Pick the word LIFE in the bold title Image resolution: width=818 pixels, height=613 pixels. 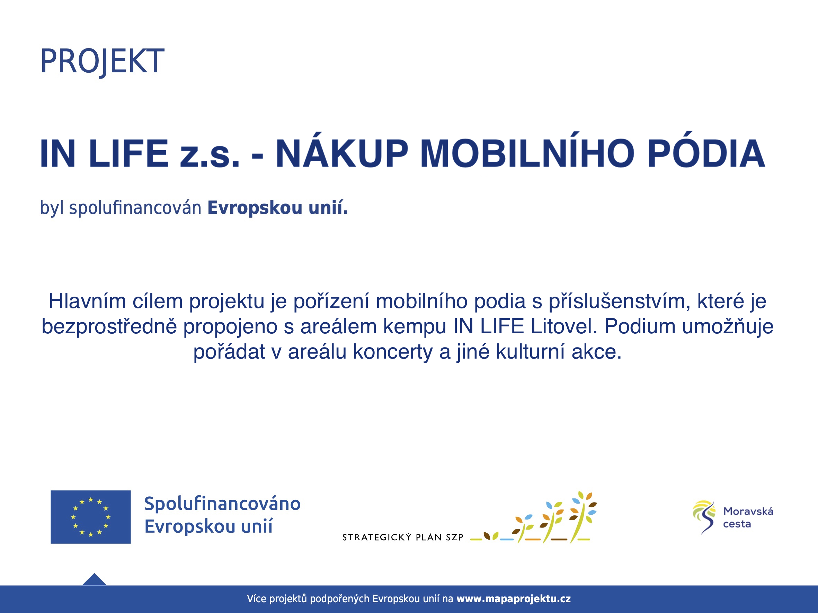pos(129,153)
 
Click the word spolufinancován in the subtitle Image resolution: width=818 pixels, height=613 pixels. pos(135,208)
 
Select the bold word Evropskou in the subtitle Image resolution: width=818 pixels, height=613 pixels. pos(255,208)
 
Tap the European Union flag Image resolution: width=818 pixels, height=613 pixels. pos(91,517)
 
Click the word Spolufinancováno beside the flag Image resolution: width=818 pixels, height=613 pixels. pos(222,504)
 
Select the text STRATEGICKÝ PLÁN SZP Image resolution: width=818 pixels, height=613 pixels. pos(403,537)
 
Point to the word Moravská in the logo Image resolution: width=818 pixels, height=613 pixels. pos(748,511)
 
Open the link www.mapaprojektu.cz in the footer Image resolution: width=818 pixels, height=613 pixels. pos(514,599)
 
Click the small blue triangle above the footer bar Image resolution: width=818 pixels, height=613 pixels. pos(94,580)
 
